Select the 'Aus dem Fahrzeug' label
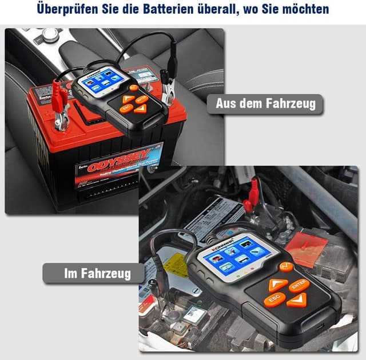click(264, 103)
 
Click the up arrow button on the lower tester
click(279, 284)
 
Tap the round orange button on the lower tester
click(285, 266)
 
